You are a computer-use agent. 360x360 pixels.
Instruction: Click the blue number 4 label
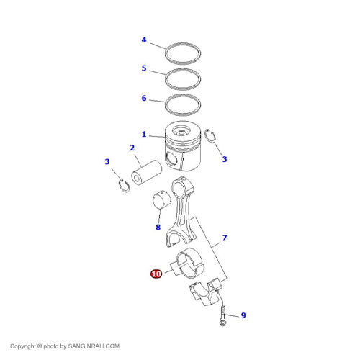(144, 40)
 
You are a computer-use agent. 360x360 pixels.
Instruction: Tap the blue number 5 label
(144, 69)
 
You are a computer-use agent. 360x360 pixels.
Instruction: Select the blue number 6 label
(144, 98)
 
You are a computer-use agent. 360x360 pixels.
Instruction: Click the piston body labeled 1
(186, 148)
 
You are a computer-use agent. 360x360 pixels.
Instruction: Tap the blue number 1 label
(144, 135)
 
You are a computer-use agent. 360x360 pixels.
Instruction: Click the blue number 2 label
(132, 148)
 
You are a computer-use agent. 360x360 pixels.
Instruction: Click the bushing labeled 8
(165, 202)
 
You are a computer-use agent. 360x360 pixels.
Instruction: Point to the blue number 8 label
(158, 227)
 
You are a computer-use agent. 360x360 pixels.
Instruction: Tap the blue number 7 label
(225, 238)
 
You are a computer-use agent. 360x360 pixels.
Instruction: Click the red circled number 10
(156, 274)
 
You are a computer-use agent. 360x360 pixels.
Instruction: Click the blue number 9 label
(243, 315)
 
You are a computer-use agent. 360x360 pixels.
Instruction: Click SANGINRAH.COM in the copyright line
(94, 346)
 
